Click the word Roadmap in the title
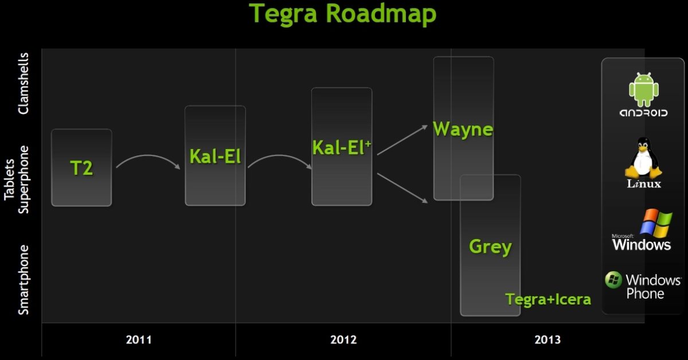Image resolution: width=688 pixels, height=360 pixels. click(x=381, y=14)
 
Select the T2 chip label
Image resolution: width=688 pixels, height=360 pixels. click(x=81, y=169)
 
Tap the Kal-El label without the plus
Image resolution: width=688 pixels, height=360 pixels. click(x=215, y=156)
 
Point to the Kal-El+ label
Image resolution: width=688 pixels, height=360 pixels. click(x=342, y=147)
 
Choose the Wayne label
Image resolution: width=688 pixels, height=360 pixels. click(x=463, y=130)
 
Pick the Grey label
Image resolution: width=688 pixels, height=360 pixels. click(x=491, y=247)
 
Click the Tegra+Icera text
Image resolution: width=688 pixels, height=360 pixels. click(x=548, y=299)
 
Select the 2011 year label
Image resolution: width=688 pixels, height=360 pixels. click(x=139, y=340)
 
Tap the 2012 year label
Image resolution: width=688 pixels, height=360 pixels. click(x=343, y=340)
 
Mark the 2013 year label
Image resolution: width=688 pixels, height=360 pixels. click(x=548, y=340)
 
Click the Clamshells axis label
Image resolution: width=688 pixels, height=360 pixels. click(x=24, y=84)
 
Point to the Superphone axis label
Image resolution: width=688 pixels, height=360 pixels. click(x=24, y=179)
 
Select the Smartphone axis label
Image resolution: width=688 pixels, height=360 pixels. click(x=24, y=280)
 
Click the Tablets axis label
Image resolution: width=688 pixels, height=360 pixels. click(x=9, y=179)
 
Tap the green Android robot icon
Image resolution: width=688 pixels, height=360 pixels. click(x=644, y=89)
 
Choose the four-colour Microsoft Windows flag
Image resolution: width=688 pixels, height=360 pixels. click(x=656, y=224)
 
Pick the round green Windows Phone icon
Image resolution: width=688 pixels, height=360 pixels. click(x=613, y=280)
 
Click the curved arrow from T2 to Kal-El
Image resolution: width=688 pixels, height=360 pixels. click(x=148, y=156)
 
